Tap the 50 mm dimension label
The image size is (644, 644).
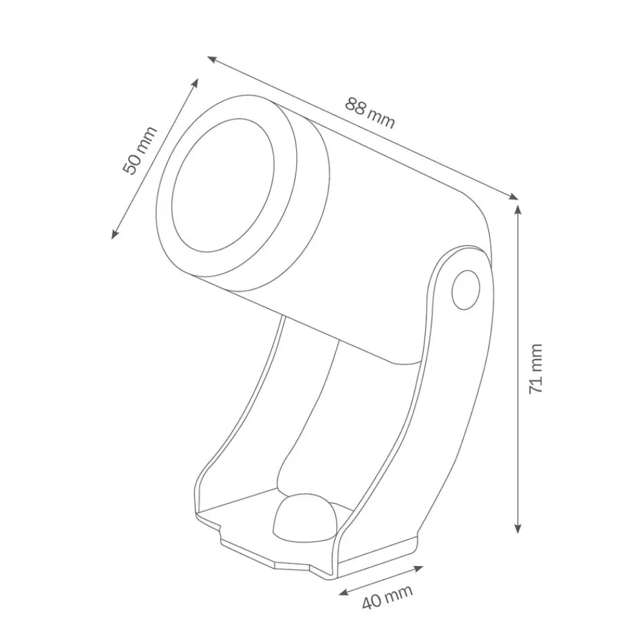(140, 150)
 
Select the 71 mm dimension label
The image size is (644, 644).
(536, 369)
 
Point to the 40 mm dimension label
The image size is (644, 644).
(387, 598)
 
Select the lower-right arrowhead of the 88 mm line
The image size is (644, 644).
(515, 197)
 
